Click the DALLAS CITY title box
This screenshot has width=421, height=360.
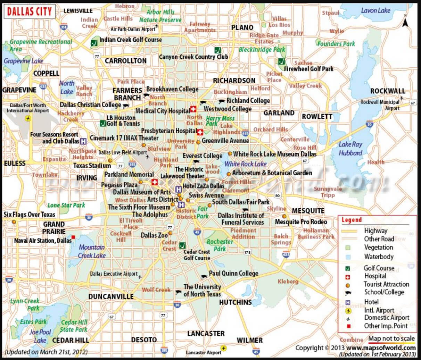(29, 11)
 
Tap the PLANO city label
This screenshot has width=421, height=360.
(242, 27)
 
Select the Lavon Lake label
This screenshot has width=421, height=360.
(375, 10)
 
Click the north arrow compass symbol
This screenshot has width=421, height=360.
(405, 23)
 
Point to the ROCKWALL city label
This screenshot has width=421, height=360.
(387, 91)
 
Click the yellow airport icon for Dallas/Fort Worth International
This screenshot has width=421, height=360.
(28, 119)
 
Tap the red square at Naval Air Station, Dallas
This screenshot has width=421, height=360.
(73, 237)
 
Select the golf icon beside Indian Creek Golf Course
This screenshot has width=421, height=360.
(94, 43)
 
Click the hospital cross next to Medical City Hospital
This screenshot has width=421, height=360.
(193, 109)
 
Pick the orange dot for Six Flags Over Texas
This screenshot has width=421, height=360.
(14, 222)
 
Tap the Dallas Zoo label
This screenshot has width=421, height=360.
(154, 235)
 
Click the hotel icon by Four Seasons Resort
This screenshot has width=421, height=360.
(83, 141)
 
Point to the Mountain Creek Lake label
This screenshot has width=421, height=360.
(92, 251)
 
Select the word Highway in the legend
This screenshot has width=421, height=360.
(375, 231)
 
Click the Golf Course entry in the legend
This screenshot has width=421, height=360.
(379, 268)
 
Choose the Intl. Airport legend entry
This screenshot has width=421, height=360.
(379, 310)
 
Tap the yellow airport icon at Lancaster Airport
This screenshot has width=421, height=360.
(224, 348)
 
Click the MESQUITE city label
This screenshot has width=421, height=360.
(308, 211)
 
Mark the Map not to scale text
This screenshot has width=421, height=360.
(391, 338)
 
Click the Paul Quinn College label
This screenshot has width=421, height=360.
(233, 273)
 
